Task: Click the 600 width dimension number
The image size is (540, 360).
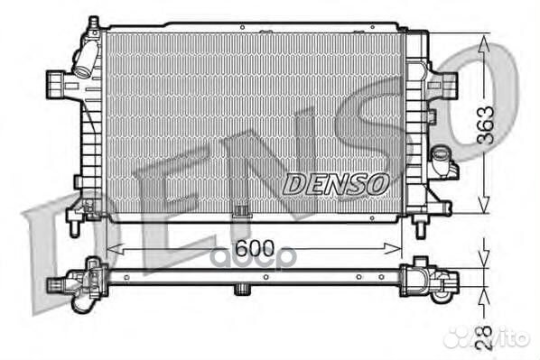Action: pyautogui.click(x=254, y=248)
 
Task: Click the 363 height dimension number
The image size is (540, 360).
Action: pyautogui.click(x=485, y=125)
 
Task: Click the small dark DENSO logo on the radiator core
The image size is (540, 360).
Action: pyautogui.click(x=336, y=184)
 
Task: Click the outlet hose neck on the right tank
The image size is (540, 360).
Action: pyautogui.click(x=441, y=160)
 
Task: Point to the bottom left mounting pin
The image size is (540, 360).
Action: pyautogui.click(x=74, y=229)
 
